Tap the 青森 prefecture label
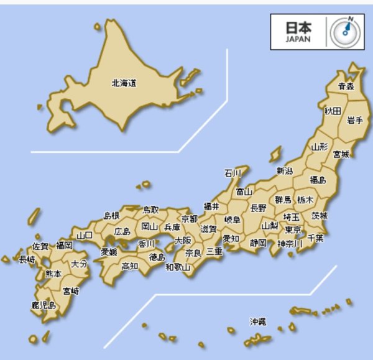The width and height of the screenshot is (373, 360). click(x=346, y=86)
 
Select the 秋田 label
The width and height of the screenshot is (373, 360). click(x=333, y=111)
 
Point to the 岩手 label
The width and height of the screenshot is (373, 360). click(x=355, y=120)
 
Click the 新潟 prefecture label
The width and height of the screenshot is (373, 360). click(x=285, y=171)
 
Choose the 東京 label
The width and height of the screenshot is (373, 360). click(x=293, y=229)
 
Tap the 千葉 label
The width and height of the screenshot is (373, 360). click(x=315, y=238)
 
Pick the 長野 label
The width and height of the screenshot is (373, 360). click(x=258, y=208)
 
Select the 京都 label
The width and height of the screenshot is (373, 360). click(x=189, y=219)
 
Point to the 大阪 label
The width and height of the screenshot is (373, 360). click(x=183, y=240)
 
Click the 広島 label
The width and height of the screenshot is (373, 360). click(x=122, y=232)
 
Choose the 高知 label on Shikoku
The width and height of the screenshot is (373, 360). click(x=130, y=266)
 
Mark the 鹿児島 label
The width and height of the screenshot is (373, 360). click(x=44, y=305)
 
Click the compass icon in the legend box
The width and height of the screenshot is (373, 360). click(x=347, y=31)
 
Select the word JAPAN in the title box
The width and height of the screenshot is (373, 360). click(x=297, y=39)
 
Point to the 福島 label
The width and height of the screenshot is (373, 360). click(x=318, y=180)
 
